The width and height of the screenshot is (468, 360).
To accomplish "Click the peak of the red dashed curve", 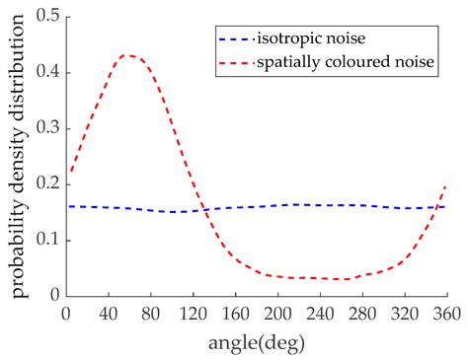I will [127, 55].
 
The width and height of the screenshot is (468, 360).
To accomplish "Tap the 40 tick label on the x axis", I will [108, 312].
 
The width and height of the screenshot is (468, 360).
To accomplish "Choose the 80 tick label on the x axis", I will [150, 312].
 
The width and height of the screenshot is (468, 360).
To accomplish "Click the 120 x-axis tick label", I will [193, 312].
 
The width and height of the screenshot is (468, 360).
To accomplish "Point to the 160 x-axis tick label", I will [235, 312].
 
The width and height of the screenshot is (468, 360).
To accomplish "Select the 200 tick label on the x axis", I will [277, 312].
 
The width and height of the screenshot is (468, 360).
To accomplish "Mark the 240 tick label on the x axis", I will [320, 312].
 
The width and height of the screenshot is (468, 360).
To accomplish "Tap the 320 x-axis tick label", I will [405, 312].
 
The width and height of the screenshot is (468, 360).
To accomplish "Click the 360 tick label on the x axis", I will [446, 312].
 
